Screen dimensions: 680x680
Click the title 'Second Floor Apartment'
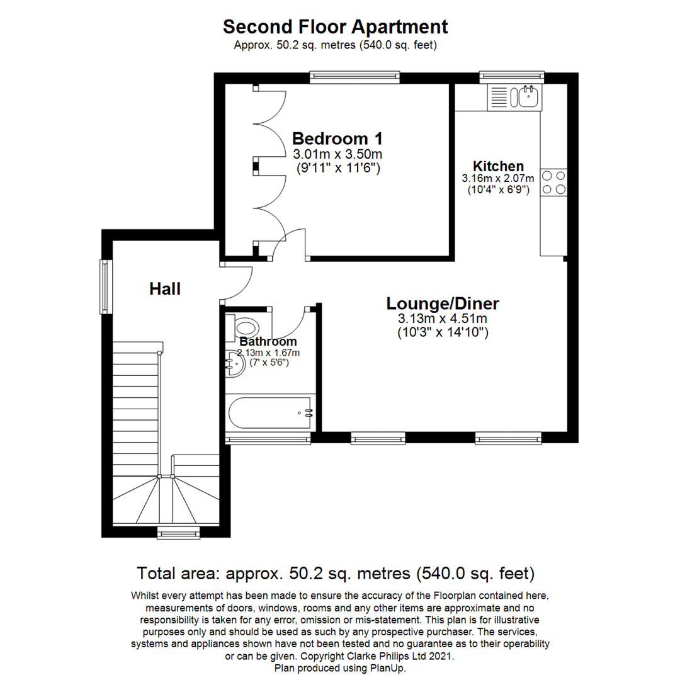tap(336, 27)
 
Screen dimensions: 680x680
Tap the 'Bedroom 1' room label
tap(337, 138)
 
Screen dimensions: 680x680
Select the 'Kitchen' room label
tap(498, 166)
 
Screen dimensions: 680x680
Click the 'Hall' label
tap(165, 289)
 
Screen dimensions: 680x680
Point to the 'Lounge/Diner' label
tap(443, 303)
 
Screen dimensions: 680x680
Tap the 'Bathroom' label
tap(268, 342)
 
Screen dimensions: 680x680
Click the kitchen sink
tap(528, 97)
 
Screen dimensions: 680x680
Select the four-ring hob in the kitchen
tap(553, 183)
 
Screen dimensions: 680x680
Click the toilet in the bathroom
tap(245, 327)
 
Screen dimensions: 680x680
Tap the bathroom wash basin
tap(235, 365)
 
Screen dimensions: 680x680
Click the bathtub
tap(269, 412)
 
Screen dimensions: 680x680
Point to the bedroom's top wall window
tap(354, 77)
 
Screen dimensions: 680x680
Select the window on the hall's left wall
tap(106, 287)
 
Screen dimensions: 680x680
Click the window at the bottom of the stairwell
tap(178, 533)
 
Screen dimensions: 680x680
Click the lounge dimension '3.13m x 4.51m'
tap(443, 319)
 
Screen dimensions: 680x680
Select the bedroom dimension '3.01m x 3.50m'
tap(337, 154)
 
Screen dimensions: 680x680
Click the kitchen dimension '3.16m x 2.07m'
tap(498, 179)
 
